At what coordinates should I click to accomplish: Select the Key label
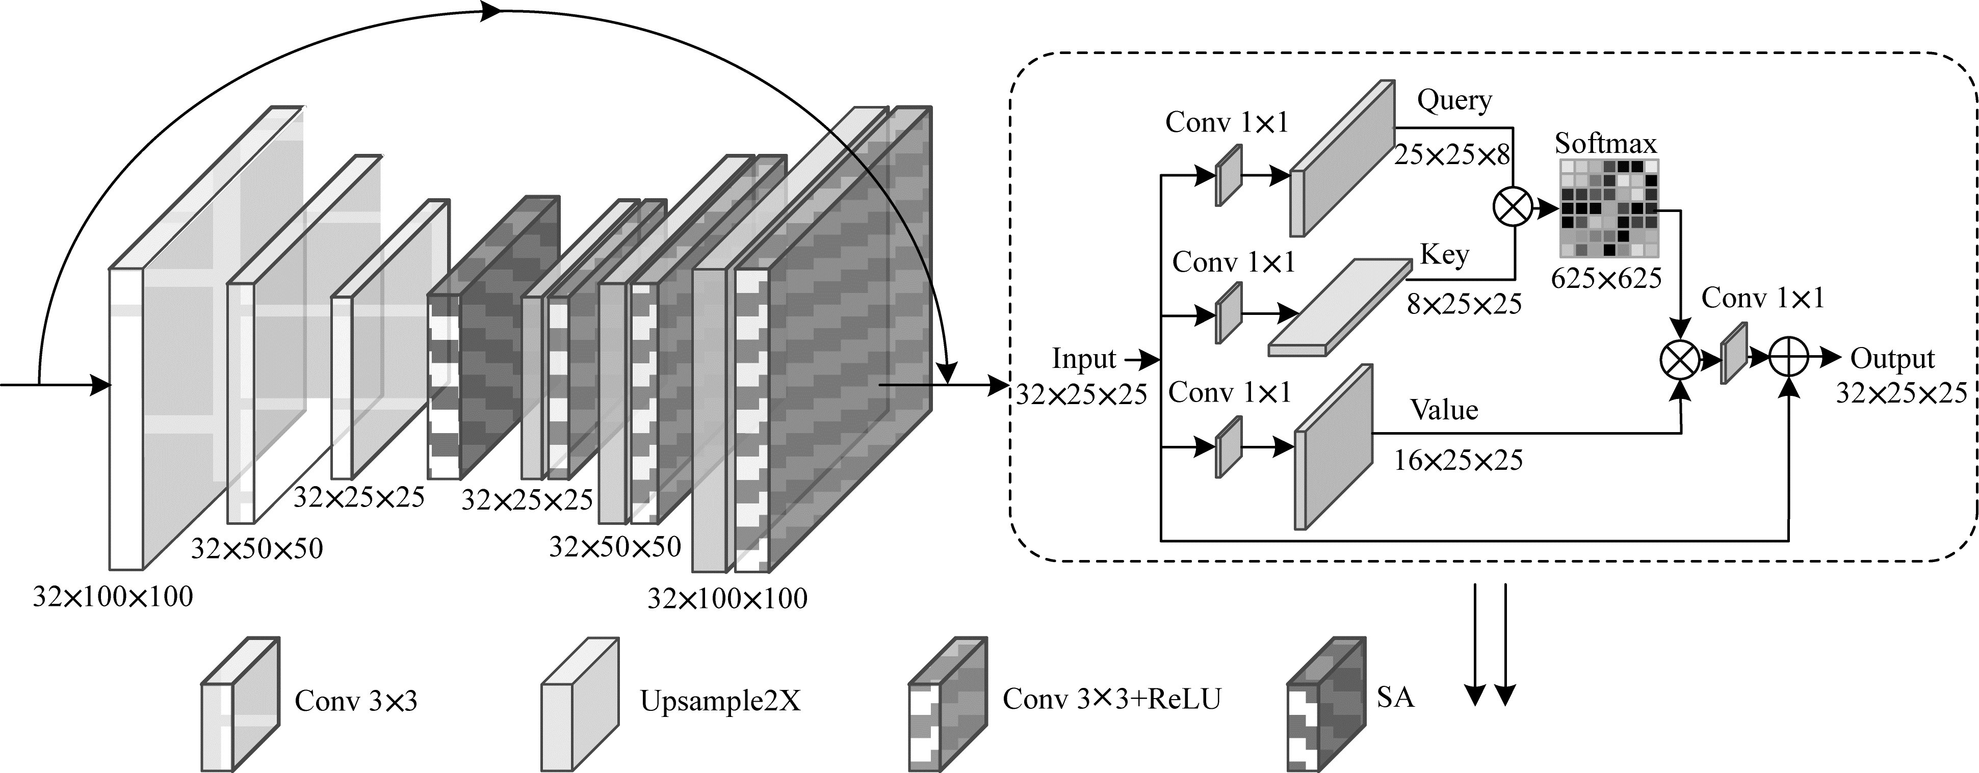coord(1444,254)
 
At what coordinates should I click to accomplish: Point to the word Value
coord(1444,410)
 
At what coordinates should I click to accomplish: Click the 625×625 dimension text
coord(1606,278)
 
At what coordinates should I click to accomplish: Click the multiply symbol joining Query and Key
coord(1513,207)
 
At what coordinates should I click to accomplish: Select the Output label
coord(1892,359)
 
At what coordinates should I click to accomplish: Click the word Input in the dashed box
coord(1083,359)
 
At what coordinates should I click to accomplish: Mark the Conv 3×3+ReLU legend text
coord(1111,699)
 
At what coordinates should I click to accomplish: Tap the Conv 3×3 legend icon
coord(240,704)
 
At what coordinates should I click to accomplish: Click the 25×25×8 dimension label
coord(1452,155)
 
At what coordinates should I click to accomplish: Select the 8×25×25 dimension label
coord(1464,305)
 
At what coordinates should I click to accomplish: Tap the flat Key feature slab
coord(1340,308)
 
